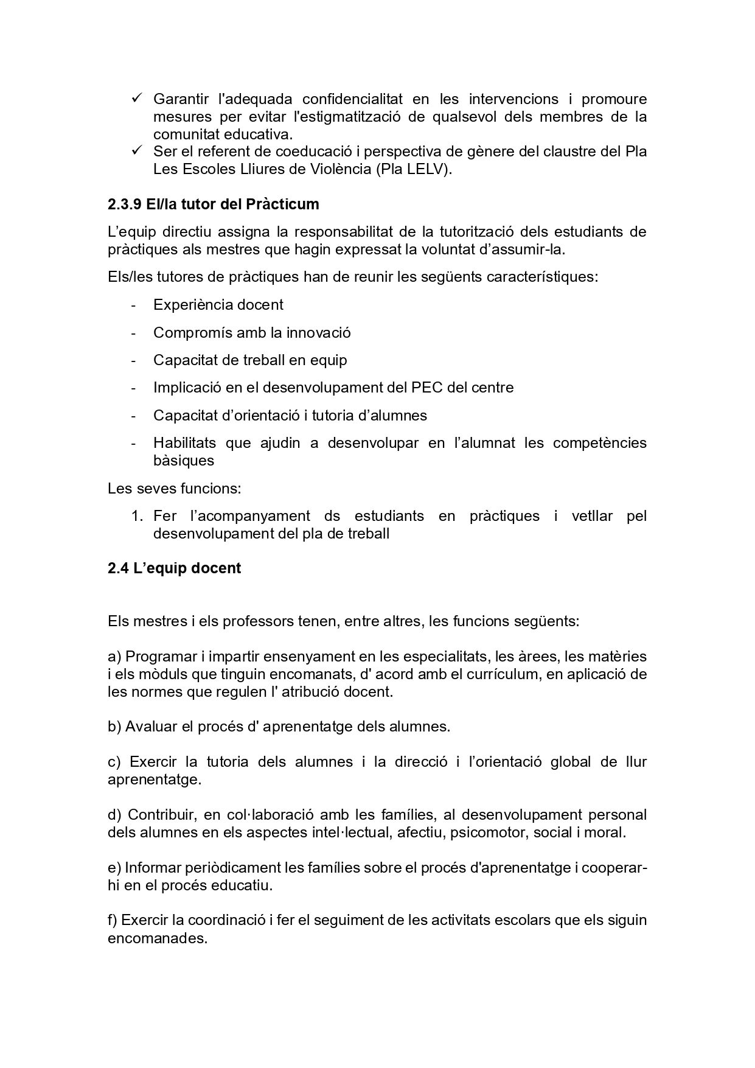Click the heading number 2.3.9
tap(124, 204)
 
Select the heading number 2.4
tap(118, 568)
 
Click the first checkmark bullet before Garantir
tap(136, 98)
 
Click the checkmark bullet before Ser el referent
tap(136, 150)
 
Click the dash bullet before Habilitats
tap(133, 444)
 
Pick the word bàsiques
tap(184, 461)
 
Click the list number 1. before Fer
tap(137, 517)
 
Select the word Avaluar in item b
tap(147, 727)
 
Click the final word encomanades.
tap(158, 938)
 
